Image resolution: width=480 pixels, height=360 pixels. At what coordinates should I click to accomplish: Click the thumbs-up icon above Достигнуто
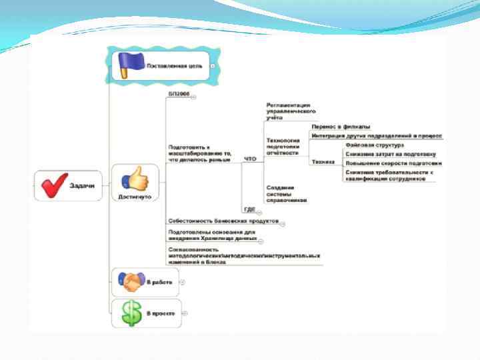click(x=135, y=179)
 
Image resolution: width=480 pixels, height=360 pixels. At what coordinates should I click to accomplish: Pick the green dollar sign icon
click(x=127, y=313)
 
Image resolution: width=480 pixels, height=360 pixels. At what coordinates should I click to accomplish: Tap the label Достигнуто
click(x=135, y=197)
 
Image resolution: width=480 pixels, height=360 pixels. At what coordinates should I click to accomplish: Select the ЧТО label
click(x=250, y=159)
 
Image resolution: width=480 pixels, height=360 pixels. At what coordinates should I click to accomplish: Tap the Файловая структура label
click(x=375, y=144)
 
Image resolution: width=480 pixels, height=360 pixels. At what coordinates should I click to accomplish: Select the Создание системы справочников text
click(x=286, y=193)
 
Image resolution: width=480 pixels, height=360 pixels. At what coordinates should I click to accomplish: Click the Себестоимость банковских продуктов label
click(x=223, y=220)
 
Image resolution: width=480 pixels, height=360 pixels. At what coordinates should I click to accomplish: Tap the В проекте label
click(x=161, y=313)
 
